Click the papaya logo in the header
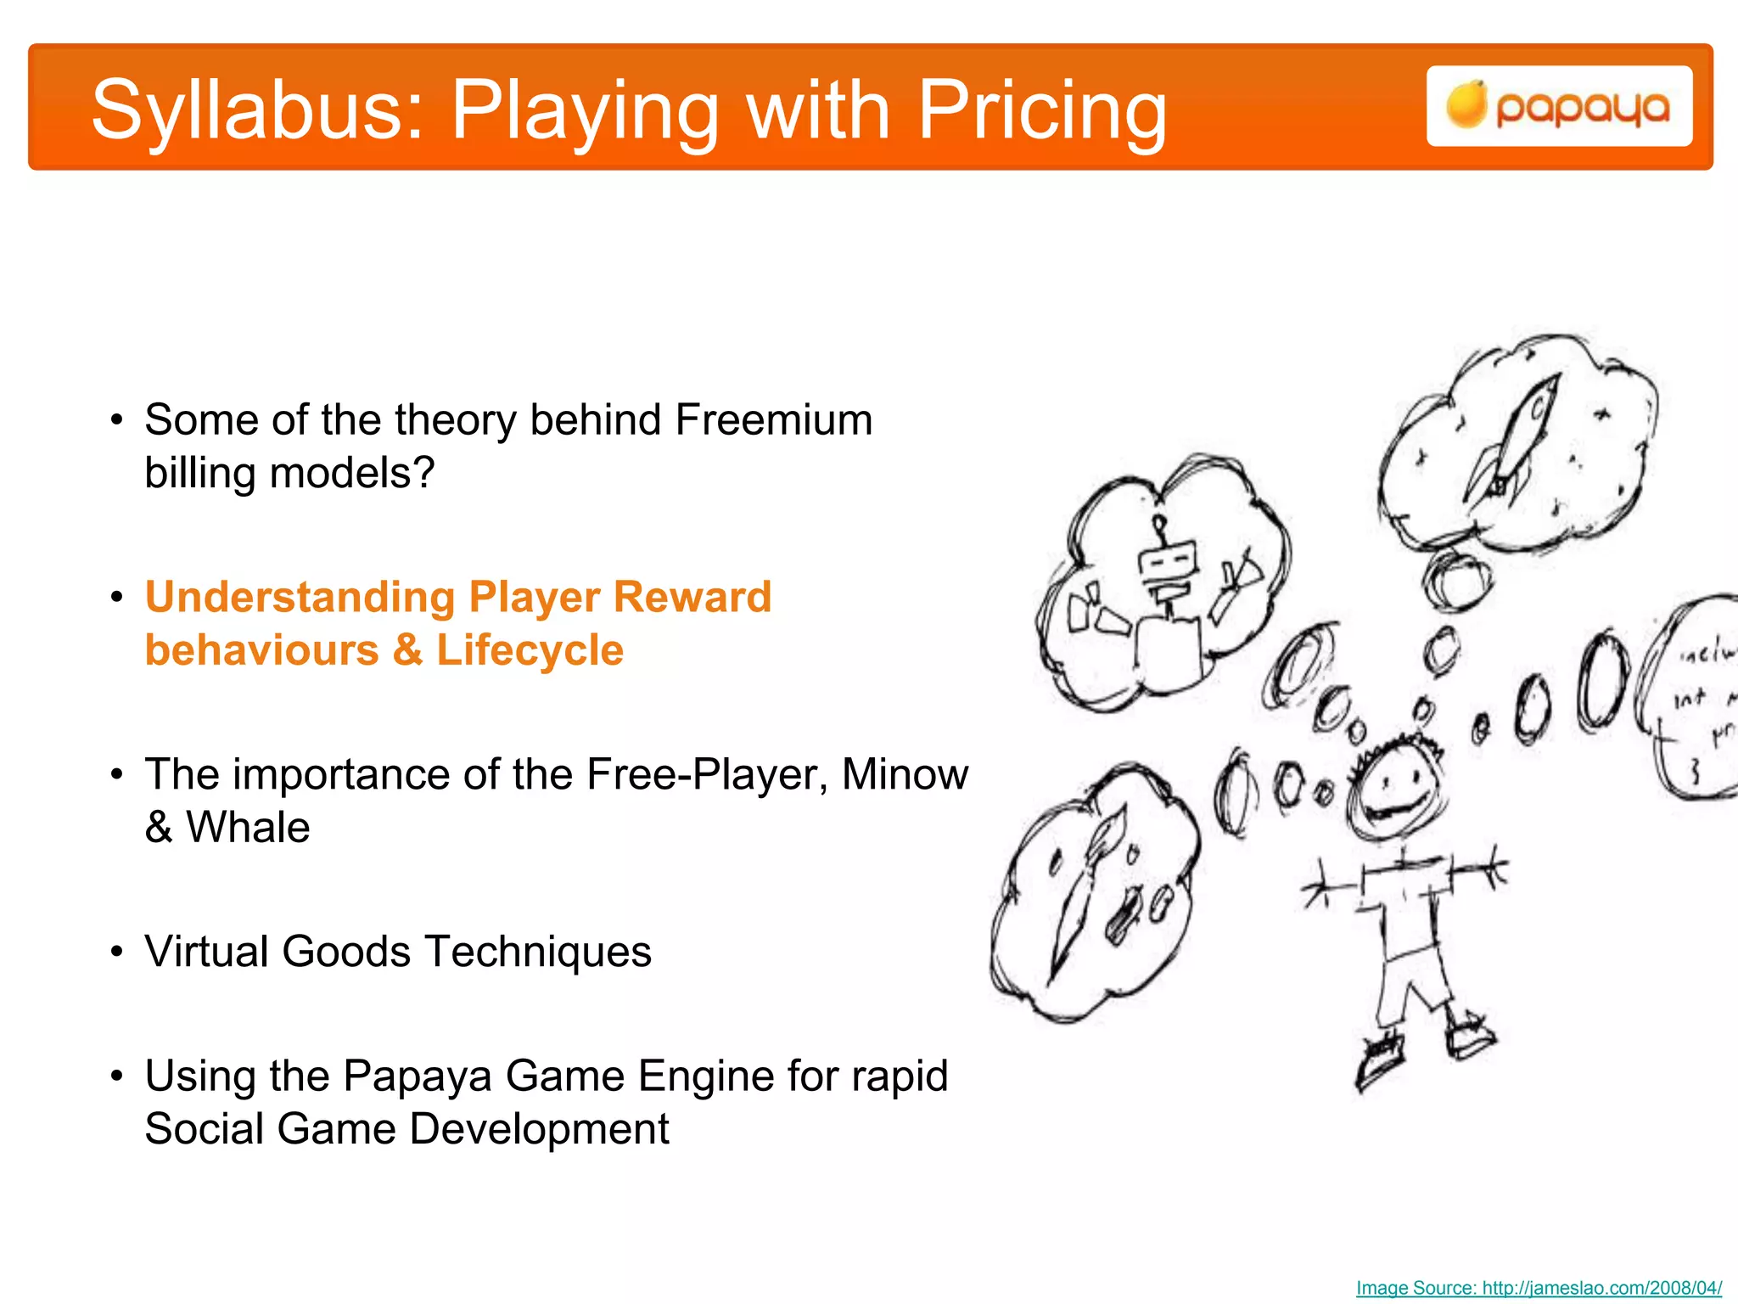tap(1559, 107)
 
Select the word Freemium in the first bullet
tap(773, 420)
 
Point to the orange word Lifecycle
tap(530, 651)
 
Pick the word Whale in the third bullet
tap(248, 828)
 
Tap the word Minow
tap(905, 774)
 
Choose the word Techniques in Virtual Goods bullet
tap(538, 952)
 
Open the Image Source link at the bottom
tap(1539, 1288)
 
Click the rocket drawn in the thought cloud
tap(1519, 441)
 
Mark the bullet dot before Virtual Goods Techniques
tap(117, 953)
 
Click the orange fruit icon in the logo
tap(1466, 105)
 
